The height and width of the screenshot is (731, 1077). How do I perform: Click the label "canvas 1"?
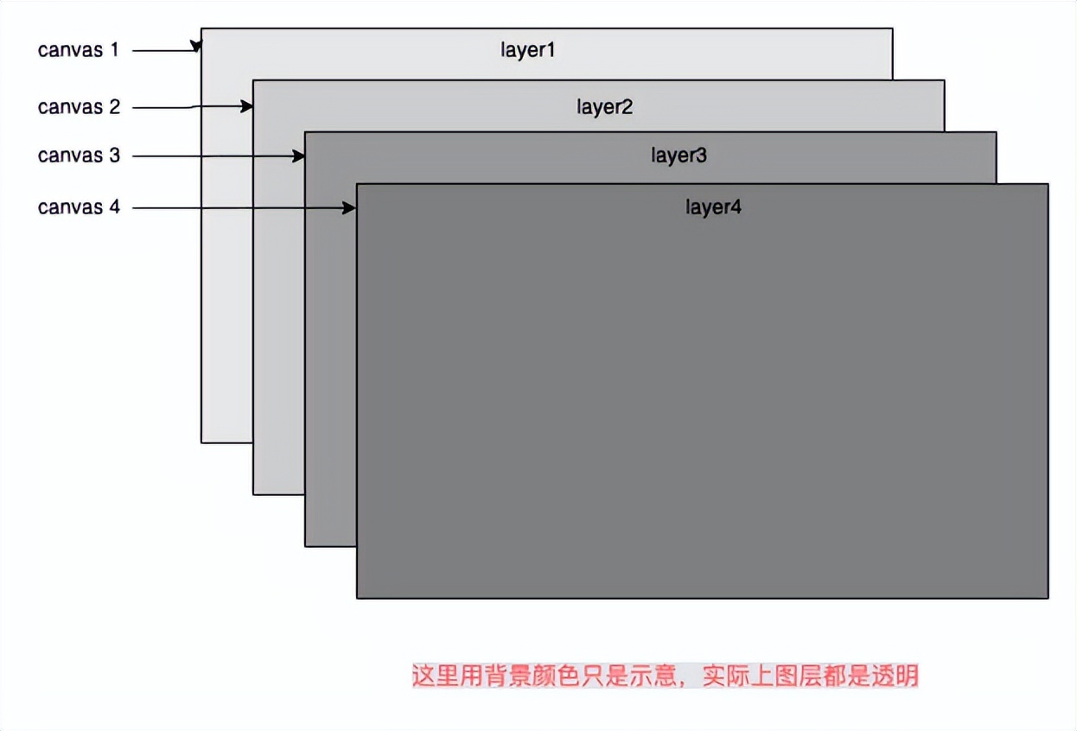79,50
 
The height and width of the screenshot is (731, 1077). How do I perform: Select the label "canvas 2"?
79,107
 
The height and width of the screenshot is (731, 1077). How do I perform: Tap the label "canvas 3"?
79,156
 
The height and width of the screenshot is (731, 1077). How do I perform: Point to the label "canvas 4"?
79,207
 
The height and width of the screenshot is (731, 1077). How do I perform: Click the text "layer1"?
527,50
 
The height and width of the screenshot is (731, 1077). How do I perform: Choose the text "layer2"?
605,107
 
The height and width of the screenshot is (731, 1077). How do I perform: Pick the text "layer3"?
679,156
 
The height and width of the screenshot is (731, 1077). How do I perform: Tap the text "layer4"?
714,207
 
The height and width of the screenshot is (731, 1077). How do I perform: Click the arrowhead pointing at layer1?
197,46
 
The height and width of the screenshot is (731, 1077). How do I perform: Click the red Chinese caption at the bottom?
665,676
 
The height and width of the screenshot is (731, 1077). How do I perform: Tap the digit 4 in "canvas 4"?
114,207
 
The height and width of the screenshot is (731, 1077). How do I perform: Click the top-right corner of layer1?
892,29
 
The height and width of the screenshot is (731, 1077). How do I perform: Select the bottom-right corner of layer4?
1048,597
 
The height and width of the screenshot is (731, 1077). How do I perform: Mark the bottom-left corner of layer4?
357,597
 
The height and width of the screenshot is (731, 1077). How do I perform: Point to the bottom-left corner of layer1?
201,442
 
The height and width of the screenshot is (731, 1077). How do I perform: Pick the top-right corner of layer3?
996,132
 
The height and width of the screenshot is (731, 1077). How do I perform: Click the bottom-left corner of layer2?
253,494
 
